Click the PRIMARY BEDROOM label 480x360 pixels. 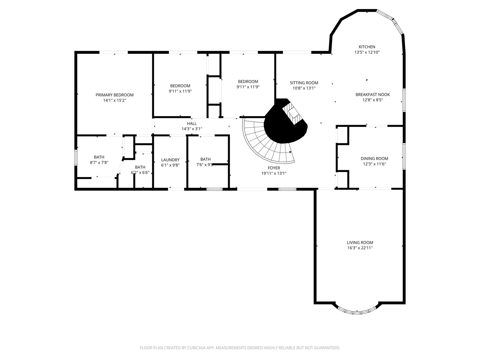click(x=114, y=95)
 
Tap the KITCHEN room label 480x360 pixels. click(x=367, y=47)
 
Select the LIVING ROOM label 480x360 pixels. click(x=360, y=242)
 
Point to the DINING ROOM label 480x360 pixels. click(x=374, y=158)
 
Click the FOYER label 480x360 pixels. click(x=274, y=168)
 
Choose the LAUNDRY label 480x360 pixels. click(x=170, y=160)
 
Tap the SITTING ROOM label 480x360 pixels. click(x=304, y=83)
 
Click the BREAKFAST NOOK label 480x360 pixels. click(x=372, y=94)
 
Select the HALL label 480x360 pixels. click(x=192, y=124)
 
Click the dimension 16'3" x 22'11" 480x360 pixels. click(x=360, y=248)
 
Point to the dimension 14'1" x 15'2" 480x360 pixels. click(x=115, y=100)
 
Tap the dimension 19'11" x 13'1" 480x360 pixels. click(x=274, y=173)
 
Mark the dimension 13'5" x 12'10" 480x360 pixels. click(x=367, y=52)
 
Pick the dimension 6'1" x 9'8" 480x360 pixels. click(x=170, y=165)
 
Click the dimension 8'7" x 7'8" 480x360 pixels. click(x=99, y=162)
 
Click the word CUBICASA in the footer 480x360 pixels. click(x=196, y=347)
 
